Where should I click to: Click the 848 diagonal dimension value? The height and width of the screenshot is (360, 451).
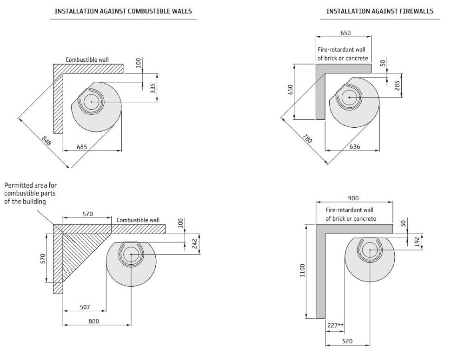pos(46,140)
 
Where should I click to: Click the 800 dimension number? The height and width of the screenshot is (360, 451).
pos(93,321)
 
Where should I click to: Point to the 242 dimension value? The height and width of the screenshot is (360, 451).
pos(195,244)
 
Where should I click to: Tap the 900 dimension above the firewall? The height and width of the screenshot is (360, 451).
pos(353,198)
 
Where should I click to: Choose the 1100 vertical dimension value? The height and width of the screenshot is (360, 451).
pos(303,270)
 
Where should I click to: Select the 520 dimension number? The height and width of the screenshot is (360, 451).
pos(347,341)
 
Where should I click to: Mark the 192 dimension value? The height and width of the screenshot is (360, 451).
pos(418,242)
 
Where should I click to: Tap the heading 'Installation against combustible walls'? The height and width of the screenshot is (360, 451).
pos(123,11)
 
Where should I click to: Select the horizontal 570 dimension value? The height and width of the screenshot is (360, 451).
pos(87,214)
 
